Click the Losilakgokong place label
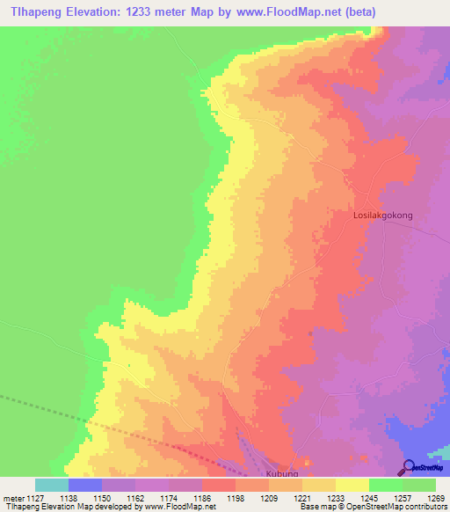[x=382, y=215]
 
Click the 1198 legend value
[x=235, y=497]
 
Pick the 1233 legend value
[x=335, y=497]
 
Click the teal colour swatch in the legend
[x=52, y=485]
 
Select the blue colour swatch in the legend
[x=85, y=485]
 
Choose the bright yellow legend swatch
[x=352, y=485]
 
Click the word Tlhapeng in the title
[x=40, y=12]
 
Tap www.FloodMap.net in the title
[x=283, y=12]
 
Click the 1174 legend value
[x=168, y=497]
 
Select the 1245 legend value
[x=368, y=497]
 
